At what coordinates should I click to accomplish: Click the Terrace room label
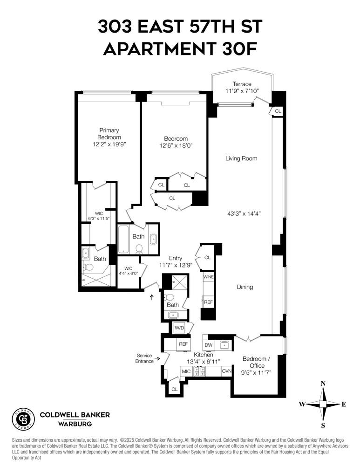pos(242,84)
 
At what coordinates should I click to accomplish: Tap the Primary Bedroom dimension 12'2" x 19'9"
pos(109,144)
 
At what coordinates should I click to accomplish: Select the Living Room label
pos(241,158)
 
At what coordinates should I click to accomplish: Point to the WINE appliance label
pos(208,277)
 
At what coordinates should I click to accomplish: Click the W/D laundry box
pos(179,328)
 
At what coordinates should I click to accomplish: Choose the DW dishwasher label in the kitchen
pos(209,345)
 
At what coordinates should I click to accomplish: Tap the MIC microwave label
pos(186,371)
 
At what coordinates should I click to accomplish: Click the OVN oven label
pos(227,371)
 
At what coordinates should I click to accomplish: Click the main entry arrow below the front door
pos(152,297)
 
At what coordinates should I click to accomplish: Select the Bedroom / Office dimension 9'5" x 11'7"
pos(256,373)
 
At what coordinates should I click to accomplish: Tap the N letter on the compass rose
pos(323,383)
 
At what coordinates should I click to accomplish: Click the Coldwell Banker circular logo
pos(23,419)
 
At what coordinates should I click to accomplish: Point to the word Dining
pos(245,287)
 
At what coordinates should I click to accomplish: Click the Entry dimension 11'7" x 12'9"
pos(176,265)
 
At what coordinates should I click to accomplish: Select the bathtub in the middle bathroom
pos(123,239)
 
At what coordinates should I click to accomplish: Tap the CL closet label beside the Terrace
pos(278,111)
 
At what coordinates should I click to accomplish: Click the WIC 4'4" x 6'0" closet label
pos(129,271)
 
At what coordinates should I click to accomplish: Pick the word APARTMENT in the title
pos(159,49)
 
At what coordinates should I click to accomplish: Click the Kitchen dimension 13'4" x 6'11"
pos(204,362)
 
